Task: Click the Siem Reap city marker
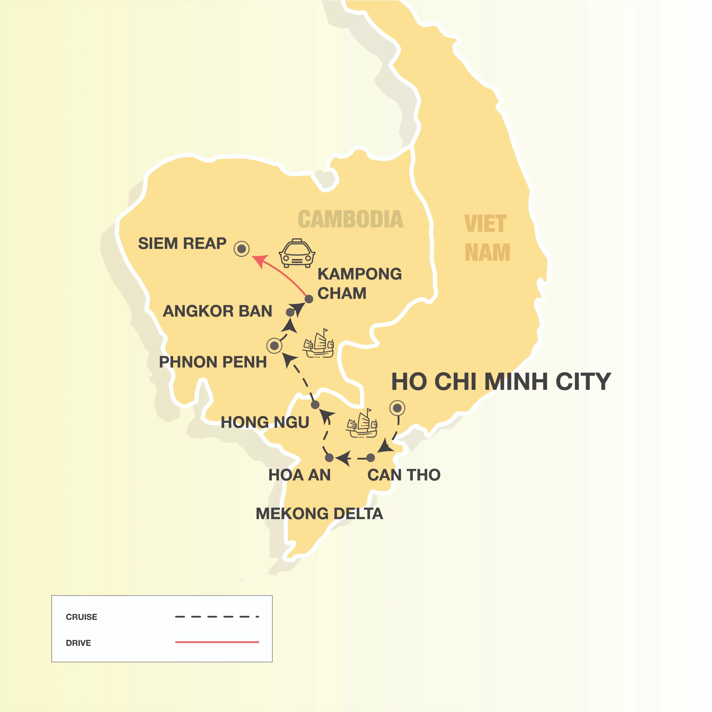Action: click(241, 249)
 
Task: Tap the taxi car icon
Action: click(297, 253)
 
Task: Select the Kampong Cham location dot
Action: click(309, 299)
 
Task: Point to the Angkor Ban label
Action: click(217, 311)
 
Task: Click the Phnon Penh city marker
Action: click(274, 346)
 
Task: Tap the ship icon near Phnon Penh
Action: click(318, 343)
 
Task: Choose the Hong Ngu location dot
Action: click(315, 405)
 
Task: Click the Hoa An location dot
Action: click(330, 458)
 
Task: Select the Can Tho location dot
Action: click(371, 458)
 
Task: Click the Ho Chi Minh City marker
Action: click(397, 408)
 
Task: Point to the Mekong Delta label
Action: click(319, 513)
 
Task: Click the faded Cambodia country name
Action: click(350, 219)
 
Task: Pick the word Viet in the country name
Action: click(485, 224)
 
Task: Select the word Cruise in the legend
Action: click(81, 617)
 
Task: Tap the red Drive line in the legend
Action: click(217, 642)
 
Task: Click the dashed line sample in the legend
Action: click(217, 617)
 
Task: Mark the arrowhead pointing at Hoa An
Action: click(343, 458)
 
